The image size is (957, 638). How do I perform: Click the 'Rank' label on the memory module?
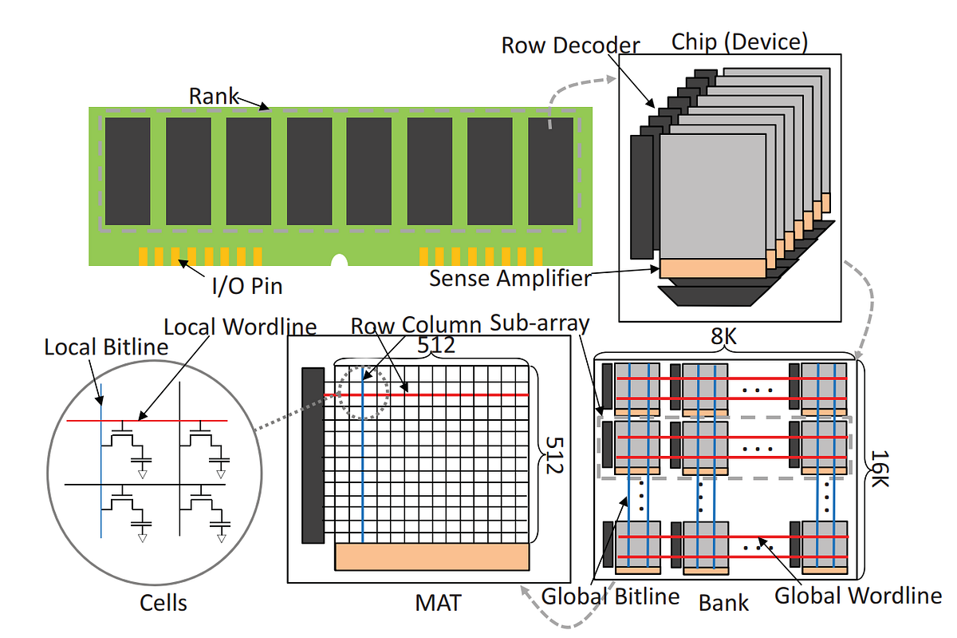tap(214, 96)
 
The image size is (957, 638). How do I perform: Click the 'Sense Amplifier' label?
tap(510, 278)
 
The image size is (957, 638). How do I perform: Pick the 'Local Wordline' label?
tap(240, 327)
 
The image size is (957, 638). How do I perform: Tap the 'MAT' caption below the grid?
tap(439, 602)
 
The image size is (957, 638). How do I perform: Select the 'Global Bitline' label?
tap(610, 596)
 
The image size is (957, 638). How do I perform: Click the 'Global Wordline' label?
tap(858, 596)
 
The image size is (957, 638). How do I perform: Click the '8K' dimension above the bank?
tap(725, 338)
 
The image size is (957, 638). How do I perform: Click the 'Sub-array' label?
tap(539, 323)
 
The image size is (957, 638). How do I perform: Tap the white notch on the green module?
tap(340, 261)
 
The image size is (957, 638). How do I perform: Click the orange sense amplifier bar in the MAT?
tap(431, 556)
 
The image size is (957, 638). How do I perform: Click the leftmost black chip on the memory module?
tap(128, 171)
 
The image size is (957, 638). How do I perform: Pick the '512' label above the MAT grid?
tap(436, 345)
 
